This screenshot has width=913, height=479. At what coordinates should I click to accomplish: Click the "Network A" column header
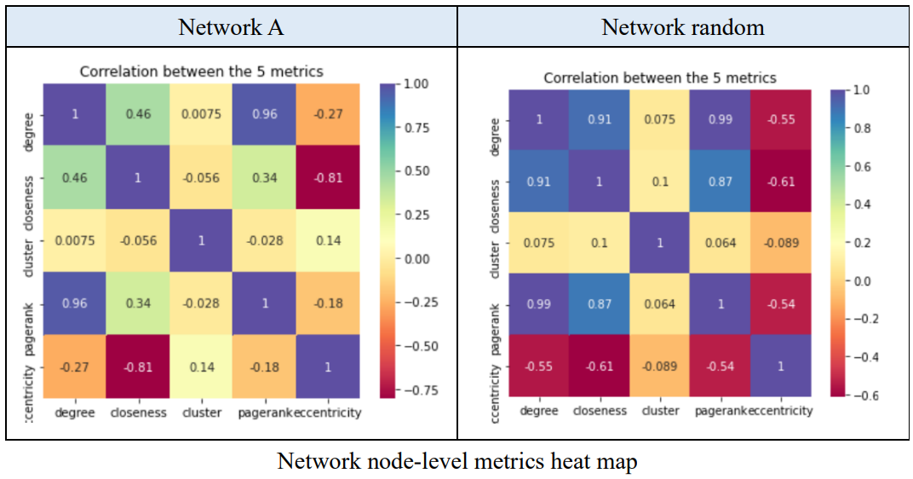click(x=231, y=26)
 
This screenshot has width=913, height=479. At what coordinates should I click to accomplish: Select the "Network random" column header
click(x=683, y=26)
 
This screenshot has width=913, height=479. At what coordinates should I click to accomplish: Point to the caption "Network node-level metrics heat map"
click(x=456, y=461)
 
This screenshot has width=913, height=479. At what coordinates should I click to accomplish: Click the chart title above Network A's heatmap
click(x=201, y=72)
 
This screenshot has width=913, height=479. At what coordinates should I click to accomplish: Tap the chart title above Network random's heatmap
click(x=660, y=78)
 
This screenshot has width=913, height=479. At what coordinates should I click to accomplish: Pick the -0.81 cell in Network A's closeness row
click(x=328, y=177)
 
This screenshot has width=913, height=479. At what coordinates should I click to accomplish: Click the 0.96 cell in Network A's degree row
click(x=265, y=114)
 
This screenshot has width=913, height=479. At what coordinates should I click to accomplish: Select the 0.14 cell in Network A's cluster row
click(x=328, y=240)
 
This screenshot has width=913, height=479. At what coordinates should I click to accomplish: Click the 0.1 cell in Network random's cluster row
click(x=600, y=242)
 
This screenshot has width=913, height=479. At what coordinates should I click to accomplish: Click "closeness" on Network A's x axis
click(x=139, y=413)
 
